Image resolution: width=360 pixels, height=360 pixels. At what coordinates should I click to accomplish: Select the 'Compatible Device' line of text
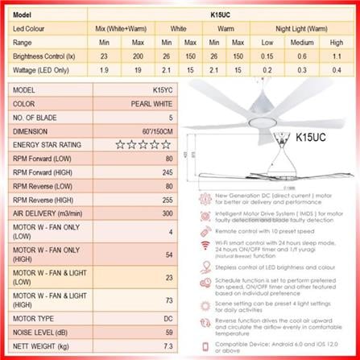tap(278, 345)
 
